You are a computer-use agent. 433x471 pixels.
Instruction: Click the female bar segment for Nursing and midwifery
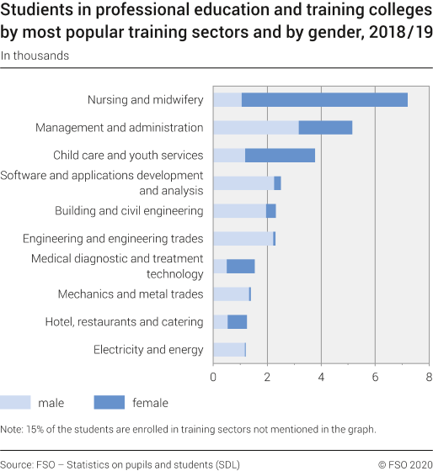coord(324,100)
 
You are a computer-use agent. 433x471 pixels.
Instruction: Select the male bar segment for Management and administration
coord(255,128)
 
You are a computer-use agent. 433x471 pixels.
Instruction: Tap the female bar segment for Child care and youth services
coord(280,156)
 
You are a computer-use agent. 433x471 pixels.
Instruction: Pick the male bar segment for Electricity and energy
coord(228,350)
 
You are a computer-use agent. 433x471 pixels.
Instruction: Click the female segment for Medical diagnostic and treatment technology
coord(240,267)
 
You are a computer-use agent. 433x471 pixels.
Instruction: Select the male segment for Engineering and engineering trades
coord(243,239)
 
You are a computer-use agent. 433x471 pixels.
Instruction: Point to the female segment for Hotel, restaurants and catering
coord(237,322)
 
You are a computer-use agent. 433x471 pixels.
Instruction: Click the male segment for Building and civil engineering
coord(239,211)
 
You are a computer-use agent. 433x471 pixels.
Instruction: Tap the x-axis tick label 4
coord(321,377)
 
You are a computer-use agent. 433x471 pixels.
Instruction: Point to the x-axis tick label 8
coord(429,377)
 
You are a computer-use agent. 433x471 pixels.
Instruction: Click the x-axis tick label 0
coord(213,377)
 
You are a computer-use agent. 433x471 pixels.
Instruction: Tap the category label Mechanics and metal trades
coord(131,294)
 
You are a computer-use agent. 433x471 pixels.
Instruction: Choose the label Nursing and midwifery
coord(145,100)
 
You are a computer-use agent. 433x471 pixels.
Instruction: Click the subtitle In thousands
coord(35,56)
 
